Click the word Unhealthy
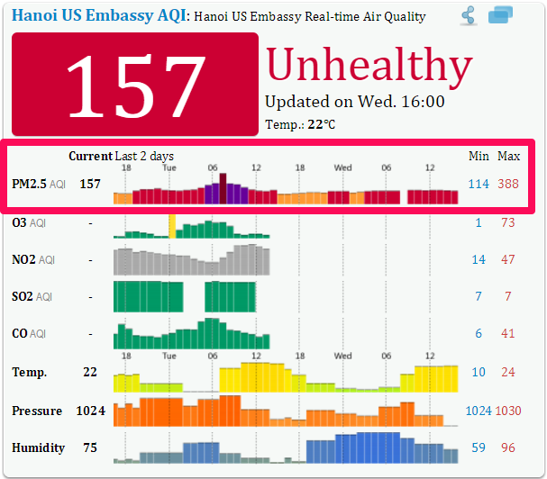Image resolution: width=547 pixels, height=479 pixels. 369,65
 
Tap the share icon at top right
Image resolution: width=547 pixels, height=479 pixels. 468,15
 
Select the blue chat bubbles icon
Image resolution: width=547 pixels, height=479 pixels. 500,15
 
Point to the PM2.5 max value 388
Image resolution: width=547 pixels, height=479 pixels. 508,184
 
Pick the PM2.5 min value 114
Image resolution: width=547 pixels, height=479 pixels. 478,184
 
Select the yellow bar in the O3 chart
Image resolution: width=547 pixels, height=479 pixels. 171,226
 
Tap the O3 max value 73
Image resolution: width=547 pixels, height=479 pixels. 508,222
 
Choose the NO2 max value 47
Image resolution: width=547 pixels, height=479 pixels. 508,259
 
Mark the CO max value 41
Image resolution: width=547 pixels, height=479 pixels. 508,333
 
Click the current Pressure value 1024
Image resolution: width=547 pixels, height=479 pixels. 90,411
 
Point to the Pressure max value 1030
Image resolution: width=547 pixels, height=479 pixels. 508,411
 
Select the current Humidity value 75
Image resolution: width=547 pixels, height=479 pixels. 90,447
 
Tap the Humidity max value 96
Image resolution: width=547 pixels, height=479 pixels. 508,447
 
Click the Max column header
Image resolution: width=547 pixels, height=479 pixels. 509,156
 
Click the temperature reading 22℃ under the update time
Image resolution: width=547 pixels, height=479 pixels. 321,124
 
